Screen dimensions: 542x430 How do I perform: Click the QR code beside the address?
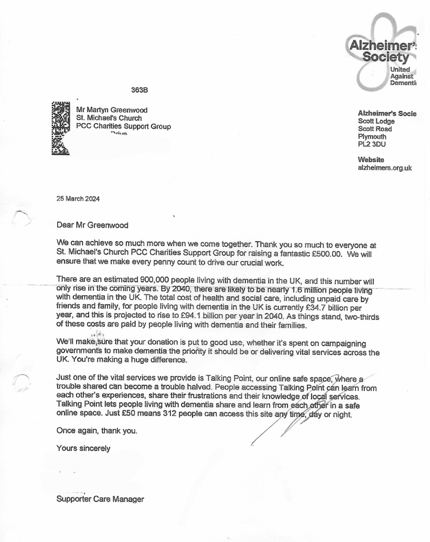click(61, 128)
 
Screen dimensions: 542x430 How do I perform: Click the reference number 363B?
click(139, 90)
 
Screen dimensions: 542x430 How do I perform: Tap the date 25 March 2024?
click(78, 199)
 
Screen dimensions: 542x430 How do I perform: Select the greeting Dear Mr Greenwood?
click(92, 225)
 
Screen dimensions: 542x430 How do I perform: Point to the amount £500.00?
click(327, 254)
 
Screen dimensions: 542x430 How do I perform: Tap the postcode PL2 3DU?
click(371, 144)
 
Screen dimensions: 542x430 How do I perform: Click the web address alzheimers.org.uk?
click(385, 168)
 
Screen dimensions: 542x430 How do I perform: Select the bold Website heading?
click(371, 160)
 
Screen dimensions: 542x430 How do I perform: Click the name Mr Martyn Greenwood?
click(111, 110)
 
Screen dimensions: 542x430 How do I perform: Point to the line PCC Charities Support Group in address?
click(123, 126)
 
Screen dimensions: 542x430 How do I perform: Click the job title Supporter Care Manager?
click(100, 499)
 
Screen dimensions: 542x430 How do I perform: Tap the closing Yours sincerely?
click(83, 448)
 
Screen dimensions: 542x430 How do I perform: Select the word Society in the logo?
click(385, 57)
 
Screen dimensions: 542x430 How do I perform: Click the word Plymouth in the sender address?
click(372, 136)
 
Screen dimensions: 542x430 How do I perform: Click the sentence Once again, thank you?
click(97, 431)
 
